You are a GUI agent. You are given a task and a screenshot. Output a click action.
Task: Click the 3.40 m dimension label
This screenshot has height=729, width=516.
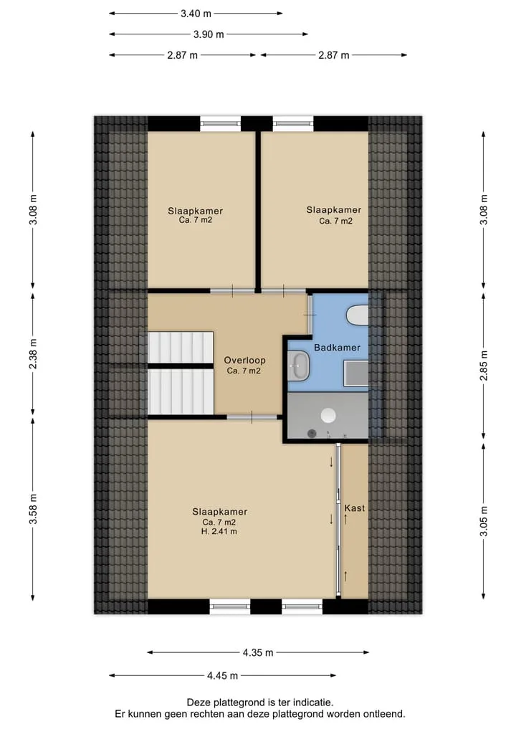(x=196, y=14)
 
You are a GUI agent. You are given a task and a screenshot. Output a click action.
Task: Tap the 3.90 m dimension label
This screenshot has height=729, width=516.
(x=209, y=34)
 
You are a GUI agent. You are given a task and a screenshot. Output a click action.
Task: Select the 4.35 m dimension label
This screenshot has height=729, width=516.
(x=258, y=653)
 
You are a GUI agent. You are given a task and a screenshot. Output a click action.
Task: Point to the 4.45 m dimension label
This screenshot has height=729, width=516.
(x=222, y=675)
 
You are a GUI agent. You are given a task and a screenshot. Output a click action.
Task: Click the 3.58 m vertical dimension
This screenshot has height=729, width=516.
(x=33, y=509)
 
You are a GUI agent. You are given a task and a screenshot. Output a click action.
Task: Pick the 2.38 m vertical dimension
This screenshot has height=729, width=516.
(x=33, y=354)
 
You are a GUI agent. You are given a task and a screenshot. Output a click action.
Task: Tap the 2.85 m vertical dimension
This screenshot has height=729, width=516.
(x=484, y=365)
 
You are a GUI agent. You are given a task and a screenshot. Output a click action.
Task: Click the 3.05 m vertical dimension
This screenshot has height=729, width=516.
(x=484, y=520)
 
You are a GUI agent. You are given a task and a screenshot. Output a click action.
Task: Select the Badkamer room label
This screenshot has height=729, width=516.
(x=337, y=348)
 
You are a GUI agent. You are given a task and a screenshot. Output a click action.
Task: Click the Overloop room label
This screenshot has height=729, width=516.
(x=244, y=361)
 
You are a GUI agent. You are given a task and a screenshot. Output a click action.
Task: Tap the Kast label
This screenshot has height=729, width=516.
(x=355, y=508)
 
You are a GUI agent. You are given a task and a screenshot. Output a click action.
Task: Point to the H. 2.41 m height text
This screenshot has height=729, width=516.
(x=219, y=531)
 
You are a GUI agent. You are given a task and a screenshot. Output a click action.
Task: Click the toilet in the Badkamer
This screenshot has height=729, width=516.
(x=358, y=315)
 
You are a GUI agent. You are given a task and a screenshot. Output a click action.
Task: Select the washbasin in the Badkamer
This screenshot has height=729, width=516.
(x=298, y=366)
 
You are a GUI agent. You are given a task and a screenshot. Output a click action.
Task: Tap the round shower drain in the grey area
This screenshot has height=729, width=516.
(x=329, y=415)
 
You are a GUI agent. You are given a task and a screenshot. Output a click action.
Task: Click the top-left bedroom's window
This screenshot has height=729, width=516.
(x=220, y=124)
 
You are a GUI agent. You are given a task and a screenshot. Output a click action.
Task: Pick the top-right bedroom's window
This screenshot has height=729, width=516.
(x=293, y=124)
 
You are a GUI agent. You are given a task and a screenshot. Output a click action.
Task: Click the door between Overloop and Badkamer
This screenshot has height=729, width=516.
(x=310, y=314)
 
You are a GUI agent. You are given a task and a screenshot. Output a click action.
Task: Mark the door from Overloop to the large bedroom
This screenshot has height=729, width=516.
(x=252, y=417)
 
